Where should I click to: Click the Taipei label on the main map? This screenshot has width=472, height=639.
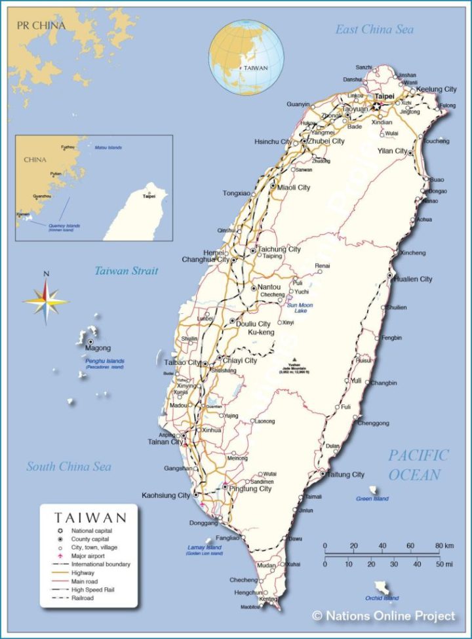pyautogui.click(x=385, y=96)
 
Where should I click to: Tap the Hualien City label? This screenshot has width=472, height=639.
pyautogui.click(x=413, y=279)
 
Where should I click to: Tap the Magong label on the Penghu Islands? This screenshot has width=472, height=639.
pyautogui.click(x=98, y=349)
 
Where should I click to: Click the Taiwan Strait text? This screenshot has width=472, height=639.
pyautogui.click(x=126, y=271)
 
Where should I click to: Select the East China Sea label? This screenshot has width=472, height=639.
pyautogui.click(x=374, y=29)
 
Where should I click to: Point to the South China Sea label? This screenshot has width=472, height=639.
pyautogui.click(x=69, y=467)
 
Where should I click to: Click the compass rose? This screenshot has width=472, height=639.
pyautogui.click(x=46, y=301)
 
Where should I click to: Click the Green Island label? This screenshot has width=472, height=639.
pyautogui.click(x=372, y=499)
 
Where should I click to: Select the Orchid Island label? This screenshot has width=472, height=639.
pyautogui.click(x=382, y=598)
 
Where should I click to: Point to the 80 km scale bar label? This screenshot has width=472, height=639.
pyautogui.click(x=441, y=546)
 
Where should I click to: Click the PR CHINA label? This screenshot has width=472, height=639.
pyautogui.click(x=41, y=26)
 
